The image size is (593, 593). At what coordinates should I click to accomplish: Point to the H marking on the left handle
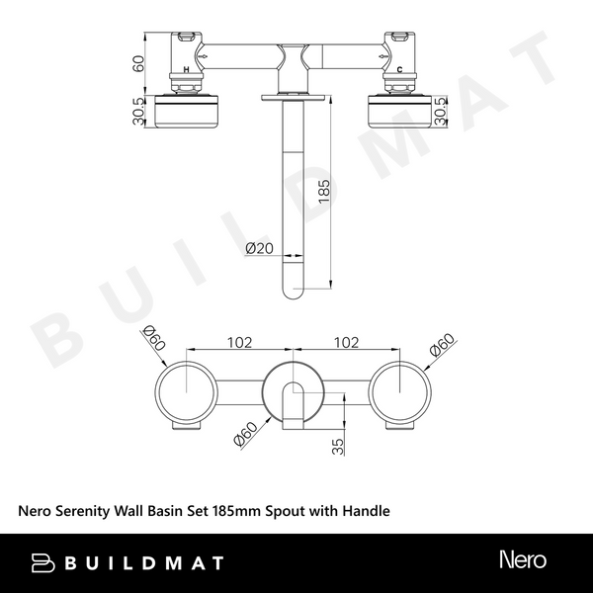tap(186, 70)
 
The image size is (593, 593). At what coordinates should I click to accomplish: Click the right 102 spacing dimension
tap(346, 343)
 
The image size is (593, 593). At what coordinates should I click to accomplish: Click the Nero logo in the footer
tap(523, 560)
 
